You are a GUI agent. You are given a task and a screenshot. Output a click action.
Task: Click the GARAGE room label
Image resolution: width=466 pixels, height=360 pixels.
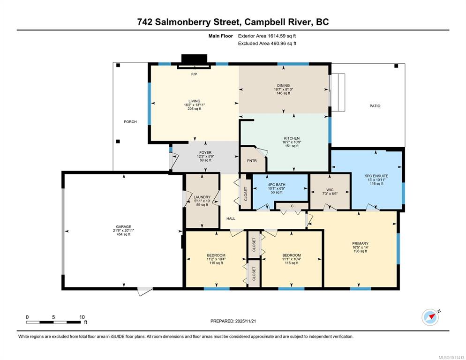(x=124, y=226)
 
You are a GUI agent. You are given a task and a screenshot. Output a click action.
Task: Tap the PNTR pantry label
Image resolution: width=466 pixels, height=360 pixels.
(x=252, y=161)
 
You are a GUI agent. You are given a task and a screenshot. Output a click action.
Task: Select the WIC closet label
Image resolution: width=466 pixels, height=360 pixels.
(x=330, y=190)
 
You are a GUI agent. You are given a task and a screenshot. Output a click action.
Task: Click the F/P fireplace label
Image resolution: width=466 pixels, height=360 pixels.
(x=194, y=74)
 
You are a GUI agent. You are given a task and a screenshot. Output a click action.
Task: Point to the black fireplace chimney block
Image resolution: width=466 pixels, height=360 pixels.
(x=194, y=59)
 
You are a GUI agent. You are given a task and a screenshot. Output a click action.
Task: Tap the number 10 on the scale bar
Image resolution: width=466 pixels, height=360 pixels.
(x=82, y=317)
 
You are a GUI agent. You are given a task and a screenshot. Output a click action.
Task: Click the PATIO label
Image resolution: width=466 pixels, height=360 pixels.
(x=375, y=106)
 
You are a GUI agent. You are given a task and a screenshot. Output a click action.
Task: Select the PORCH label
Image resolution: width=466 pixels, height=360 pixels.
(x=130, y=121)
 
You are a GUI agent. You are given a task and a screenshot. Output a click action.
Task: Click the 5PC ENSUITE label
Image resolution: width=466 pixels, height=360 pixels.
(x=376, y=176)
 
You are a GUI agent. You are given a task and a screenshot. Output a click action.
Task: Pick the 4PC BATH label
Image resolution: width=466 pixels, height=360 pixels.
(x=277, y=185)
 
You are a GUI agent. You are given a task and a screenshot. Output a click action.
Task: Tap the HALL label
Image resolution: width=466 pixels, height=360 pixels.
(x=231, y=218)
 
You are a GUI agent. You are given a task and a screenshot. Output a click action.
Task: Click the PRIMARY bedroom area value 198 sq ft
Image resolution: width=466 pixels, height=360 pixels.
(x=360, y=251)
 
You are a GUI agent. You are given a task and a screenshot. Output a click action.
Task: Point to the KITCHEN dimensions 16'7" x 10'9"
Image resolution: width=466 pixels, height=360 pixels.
(x=292, y=142)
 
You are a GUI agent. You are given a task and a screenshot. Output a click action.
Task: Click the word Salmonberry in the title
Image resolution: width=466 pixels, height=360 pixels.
(x=197, y=22)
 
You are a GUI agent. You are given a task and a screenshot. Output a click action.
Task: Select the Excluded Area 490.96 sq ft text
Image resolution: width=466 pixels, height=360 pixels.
(x=267, y=44)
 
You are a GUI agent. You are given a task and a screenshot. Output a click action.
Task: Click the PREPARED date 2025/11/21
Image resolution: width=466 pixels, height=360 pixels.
(x=246, y=321)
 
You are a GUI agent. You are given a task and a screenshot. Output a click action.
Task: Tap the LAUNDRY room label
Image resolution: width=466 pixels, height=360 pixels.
(x=202, y=197)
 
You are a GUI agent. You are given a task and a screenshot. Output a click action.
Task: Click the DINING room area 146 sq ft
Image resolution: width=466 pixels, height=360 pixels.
(x=283, y=93)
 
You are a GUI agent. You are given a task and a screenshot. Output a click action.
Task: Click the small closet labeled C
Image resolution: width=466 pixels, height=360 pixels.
(x=292, y=206)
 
